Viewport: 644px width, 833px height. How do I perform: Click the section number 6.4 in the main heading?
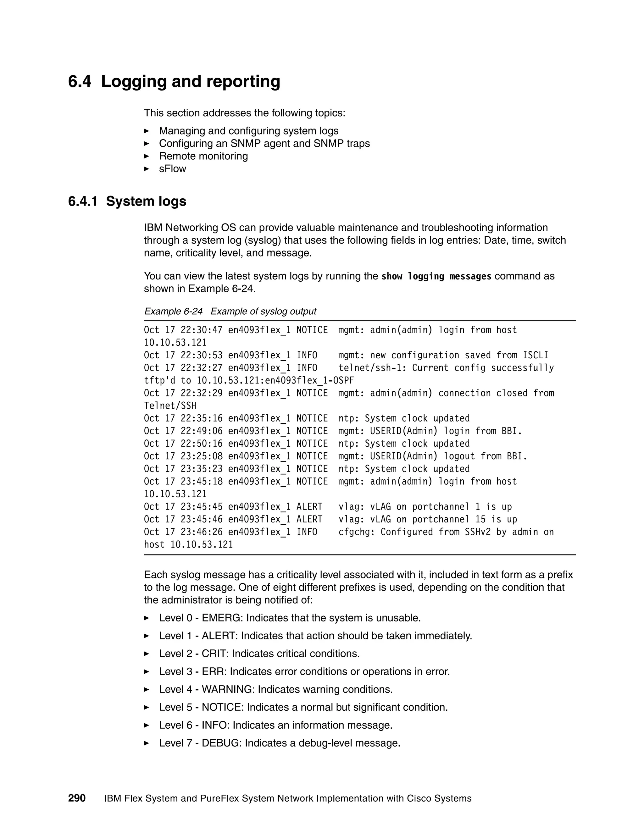pos(79,82)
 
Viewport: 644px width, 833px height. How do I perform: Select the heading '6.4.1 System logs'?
pos(127,201)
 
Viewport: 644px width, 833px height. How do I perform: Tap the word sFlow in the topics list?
pos(172,168)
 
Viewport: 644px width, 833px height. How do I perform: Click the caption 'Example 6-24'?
pos(173,311)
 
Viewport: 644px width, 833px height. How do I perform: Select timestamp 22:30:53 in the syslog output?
pos(202,356)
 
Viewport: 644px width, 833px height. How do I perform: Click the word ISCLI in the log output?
pos(535,356)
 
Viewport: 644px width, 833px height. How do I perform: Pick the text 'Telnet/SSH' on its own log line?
pos(170,406)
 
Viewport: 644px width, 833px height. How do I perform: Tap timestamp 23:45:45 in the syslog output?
pos(202,507)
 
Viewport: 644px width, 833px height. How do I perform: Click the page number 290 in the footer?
pos(77,798)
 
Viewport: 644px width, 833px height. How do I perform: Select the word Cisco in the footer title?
pos(419,799)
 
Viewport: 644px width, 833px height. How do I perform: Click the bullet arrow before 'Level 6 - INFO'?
pos(147,725)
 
